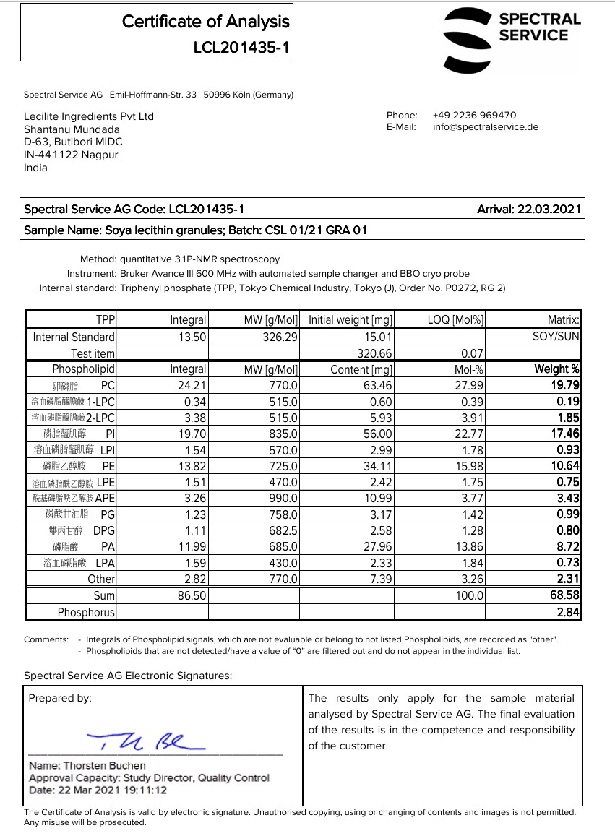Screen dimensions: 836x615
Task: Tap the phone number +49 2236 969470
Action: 474,115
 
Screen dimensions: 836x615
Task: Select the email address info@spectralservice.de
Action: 486,127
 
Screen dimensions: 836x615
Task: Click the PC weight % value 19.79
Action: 565,386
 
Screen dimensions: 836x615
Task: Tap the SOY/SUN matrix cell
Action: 556,337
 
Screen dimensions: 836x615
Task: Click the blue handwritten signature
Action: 145,741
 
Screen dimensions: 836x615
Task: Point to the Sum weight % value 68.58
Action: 564,596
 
